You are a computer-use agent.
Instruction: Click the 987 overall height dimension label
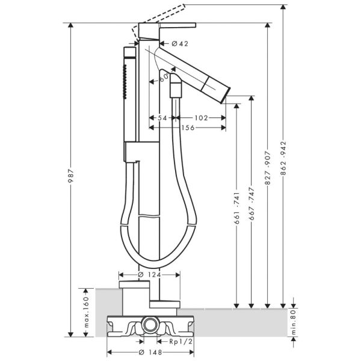[71, 176]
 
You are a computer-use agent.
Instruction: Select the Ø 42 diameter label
[180, 43]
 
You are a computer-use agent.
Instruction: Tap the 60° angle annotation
[164, 78]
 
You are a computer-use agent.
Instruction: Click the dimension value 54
[162, 118]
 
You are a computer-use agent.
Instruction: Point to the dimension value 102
[202, 118]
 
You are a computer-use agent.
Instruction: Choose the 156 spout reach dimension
[188, 128]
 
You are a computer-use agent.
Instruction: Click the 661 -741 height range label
[237, 208]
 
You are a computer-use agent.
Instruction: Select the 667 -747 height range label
[251, 204]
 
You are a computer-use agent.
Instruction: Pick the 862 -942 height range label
[283, 158]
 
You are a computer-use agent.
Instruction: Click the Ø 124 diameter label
[150, 275]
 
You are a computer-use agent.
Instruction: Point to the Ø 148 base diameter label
[150, 352]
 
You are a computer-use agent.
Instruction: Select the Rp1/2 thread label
[180, 342]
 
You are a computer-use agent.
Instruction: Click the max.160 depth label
[86, 312]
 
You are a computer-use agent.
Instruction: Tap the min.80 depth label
[294, 322]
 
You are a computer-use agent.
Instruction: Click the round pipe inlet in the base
[150, 324]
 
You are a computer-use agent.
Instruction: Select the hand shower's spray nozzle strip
[125, 82]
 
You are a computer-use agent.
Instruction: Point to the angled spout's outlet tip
[226, 95]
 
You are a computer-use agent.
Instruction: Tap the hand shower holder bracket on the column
[141, 152]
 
